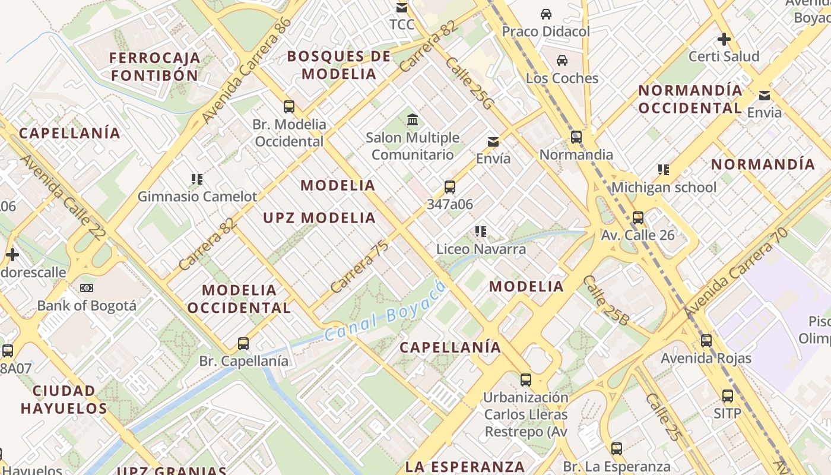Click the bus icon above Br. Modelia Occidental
289,107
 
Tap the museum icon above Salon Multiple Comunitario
413,120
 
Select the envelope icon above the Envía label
493,142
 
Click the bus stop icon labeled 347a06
450,187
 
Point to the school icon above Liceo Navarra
481,231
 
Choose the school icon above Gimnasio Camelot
197,179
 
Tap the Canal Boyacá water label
385,312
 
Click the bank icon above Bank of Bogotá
87,288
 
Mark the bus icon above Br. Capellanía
243,343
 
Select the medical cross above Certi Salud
724,39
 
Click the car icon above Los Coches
562,61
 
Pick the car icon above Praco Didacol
545,14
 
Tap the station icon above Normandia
576,137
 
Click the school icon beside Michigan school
664,170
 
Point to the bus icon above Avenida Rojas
706,341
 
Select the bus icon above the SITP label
728,395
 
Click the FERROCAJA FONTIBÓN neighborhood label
155,66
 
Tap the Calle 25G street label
469,84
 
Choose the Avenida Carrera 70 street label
735,272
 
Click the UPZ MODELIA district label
319,218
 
